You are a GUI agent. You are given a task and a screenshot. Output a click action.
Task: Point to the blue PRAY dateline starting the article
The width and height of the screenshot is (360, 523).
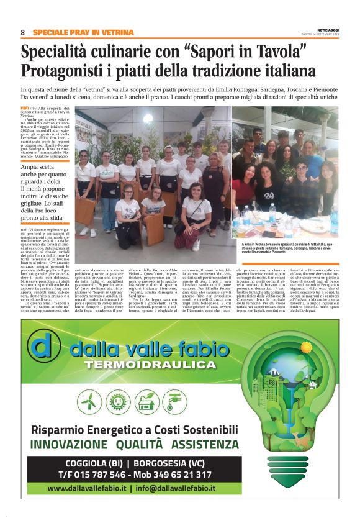click(24, 109)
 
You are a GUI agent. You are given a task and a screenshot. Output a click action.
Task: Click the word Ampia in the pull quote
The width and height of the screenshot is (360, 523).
click(32, 167)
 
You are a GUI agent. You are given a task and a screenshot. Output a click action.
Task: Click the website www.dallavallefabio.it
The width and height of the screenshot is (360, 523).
click(88, 489)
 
